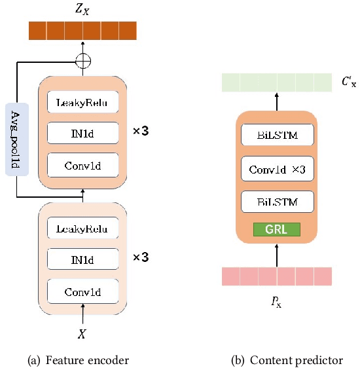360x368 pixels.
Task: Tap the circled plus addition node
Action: [x=82, y=61]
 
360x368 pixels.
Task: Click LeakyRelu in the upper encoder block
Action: [x=82, y=102]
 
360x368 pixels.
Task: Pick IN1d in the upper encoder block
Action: [x=82, y=133]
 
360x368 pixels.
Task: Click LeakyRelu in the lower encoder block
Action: [x=82, y=229]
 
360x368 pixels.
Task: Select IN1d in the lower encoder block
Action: [x=82, y=259]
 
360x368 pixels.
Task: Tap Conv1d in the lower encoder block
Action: [x=82, y=291]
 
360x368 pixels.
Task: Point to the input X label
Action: [x=82, y=333]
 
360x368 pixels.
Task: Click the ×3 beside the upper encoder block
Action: [x=141, y=131]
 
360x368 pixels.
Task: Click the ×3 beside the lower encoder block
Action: [x=141, y=257]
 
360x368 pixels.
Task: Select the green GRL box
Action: [x=276, y=229]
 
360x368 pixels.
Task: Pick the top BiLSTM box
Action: [x=276, y=136]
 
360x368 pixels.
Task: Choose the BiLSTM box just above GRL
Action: [x=276, y=202]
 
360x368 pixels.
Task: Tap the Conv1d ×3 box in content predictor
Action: [x=276, y=169]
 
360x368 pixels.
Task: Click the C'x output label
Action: [x=348, y=83]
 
